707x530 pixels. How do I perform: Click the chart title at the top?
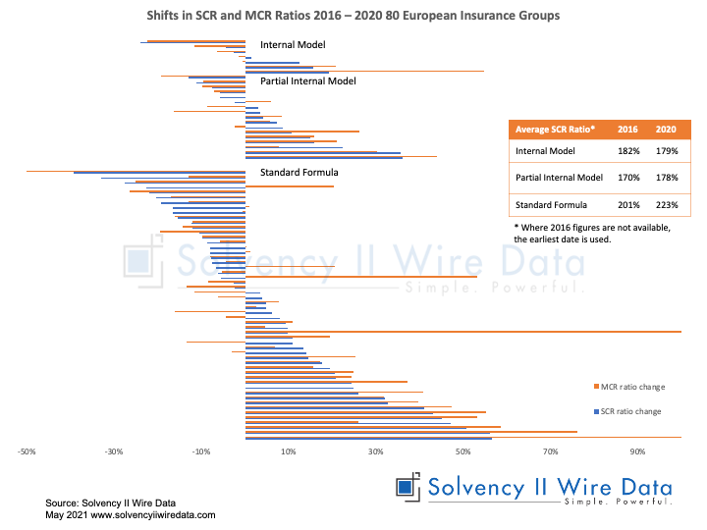(x=353, y=17)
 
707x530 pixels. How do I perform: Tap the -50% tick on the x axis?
(x=27, y=451)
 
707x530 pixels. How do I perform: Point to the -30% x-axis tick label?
(x=114, y=451)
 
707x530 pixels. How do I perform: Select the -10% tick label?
(x=200, y=451)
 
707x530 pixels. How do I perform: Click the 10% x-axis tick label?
(x=288, y=451)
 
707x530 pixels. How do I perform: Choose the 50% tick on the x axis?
(x=462, y=451)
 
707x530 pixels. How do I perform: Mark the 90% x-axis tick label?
(x=636, y=451)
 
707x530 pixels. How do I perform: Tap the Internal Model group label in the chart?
(x=292, y=45)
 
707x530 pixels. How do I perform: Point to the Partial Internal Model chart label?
(x=307, y=81)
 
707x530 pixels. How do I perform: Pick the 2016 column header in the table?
(x=628, y=130)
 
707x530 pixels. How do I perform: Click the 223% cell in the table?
(x=666, y=204)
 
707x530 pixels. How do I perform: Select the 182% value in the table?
(x=628, y=151)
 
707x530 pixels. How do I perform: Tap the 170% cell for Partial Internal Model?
(x=628, y=178)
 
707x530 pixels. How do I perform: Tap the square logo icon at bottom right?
(x=407, y=488)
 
